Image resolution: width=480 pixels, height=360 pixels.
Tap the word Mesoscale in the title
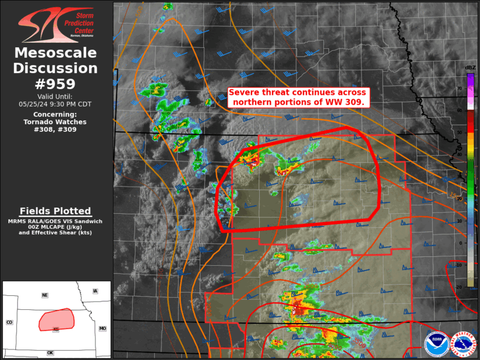click(55, 53)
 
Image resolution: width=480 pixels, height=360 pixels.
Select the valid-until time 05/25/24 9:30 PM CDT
click(55, 104)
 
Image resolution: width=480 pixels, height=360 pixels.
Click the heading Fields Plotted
click(55, 211)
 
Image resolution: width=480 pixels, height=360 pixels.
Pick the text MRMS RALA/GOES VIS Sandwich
click(55, 221)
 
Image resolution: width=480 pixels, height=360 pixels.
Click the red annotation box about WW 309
click(298, 97)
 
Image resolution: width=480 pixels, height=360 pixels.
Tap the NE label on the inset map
click(44, 295)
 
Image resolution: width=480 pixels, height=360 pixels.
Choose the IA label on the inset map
click(95, 291)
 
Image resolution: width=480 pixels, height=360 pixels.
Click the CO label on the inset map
click(9, 322)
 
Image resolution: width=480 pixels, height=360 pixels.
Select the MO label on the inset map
click(102, 328)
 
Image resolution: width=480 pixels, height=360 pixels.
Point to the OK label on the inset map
click(50, 353)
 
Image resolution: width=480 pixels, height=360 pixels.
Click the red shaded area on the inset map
click(55, 319)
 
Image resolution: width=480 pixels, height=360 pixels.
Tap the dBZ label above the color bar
click(470, 68)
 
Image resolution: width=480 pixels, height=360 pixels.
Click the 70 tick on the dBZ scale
click(460, 88)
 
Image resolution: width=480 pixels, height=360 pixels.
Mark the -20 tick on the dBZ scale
click(459, 287)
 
